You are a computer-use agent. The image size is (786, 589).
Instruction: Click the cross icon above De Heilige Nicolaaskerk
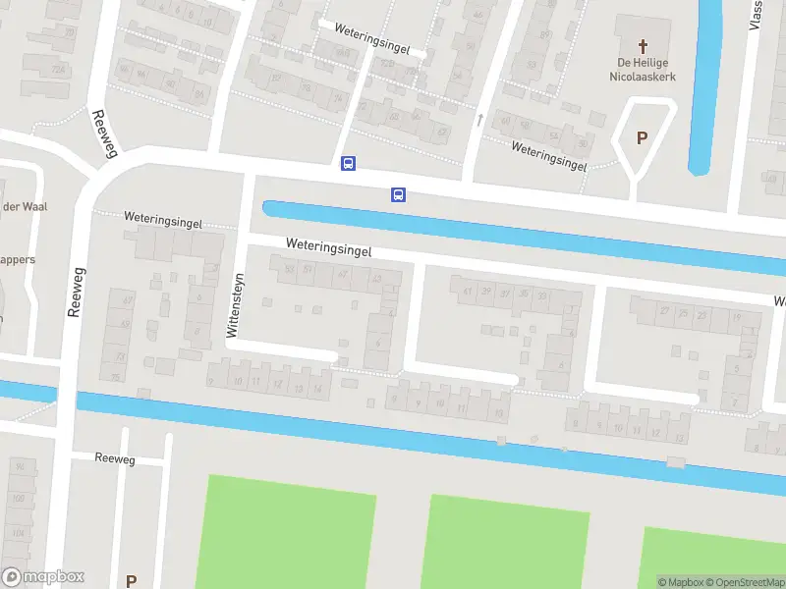644,45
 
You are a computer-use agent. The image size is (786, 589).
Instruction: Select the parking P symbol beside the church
642,138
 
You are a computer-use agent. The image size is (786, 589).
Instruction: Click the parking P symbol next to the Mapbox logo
131,580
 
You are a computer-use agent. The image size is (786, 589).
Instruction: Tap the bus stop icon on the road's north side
348,164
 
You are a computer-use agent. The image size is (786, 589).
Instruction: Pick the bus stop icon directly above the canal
398,194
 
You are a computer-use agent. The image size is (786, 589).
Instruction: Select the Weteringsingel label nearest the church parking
548,156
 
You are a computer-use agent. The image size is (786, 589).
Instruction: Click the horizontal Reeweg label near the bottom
115,458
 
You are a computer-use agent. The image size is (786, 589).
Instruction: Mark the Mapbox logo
42,577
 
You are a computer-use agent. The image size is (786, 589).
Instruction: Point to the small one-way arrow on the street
479,120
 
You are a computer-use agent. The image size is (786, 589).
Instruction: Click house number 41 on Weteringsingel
467,291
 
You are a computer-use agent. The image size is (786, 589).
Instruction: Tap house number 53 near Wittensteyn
289,270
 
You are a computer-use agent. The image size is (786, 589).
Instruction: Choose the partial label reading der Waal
25,206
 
